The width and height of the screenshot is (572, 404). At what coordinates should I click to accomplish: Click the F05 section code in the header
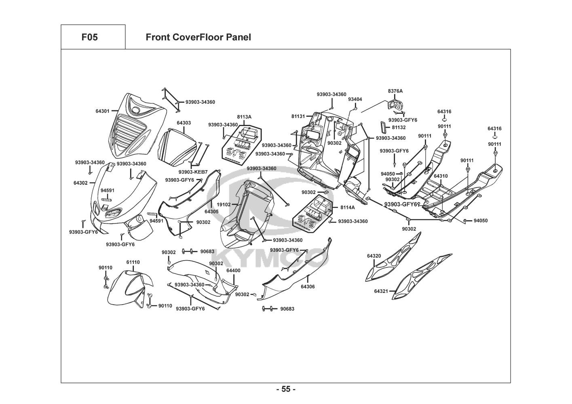coord(89,38)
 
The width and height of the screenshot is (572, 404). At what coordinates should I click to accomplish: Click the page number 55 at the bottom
coord(286,389)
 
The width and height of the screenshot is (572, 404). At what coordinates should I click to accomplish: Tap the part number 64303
coord(184,123)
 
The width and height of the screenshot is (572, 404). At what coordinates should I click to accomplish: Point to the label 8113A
coord(244,117)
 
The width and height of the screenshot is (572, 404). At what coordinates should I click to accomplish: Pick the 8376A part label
coord(395,91)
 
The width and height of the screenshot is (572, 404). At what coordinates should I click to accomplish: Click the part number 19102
coord(224,205)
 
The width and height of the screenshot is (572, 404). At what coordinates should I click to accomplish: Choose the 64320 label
coord(374,256)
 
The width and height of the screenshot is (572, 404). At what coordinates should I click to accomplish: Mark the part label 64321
coord(381,291)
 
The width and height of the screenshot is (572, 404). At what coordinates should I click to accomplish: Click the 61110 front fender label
coord(133,262)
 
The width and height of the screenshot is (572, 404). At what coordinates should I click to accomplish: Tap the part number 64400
coord(233,270)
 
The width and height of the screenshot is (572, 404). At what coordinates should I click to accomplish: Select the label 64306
coord(308,286)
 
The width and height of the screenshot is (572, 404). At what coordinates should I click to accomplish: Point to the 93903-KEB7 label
coord(193,172)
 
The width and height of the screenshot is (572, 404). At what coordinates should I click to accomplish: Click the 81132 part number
coord(399,128)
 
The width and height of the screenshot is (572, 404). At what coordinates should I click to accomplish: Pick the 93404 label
coord(355,99)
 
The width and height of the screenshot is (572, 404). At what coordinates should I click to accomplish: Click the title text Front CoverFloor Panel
coord(198,38)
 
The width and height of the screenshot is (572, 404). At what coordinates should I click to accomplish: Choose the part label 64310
coord(441,177)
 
